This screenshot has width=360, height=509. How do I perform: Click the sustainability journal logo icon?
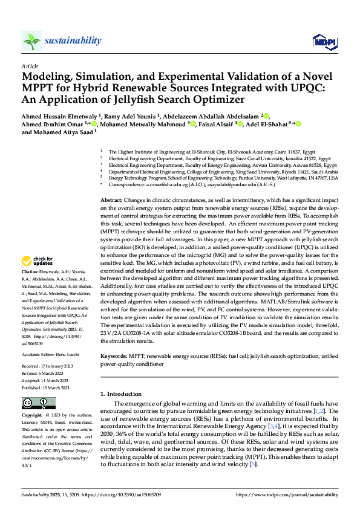[31, 41]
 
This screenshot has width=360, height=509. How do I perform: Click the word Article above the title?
[30, 66]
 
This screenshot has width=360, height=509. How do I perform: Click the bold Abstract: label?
[111, 199]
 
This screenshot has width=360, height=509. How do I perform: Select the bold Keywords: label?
[114, 357]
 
